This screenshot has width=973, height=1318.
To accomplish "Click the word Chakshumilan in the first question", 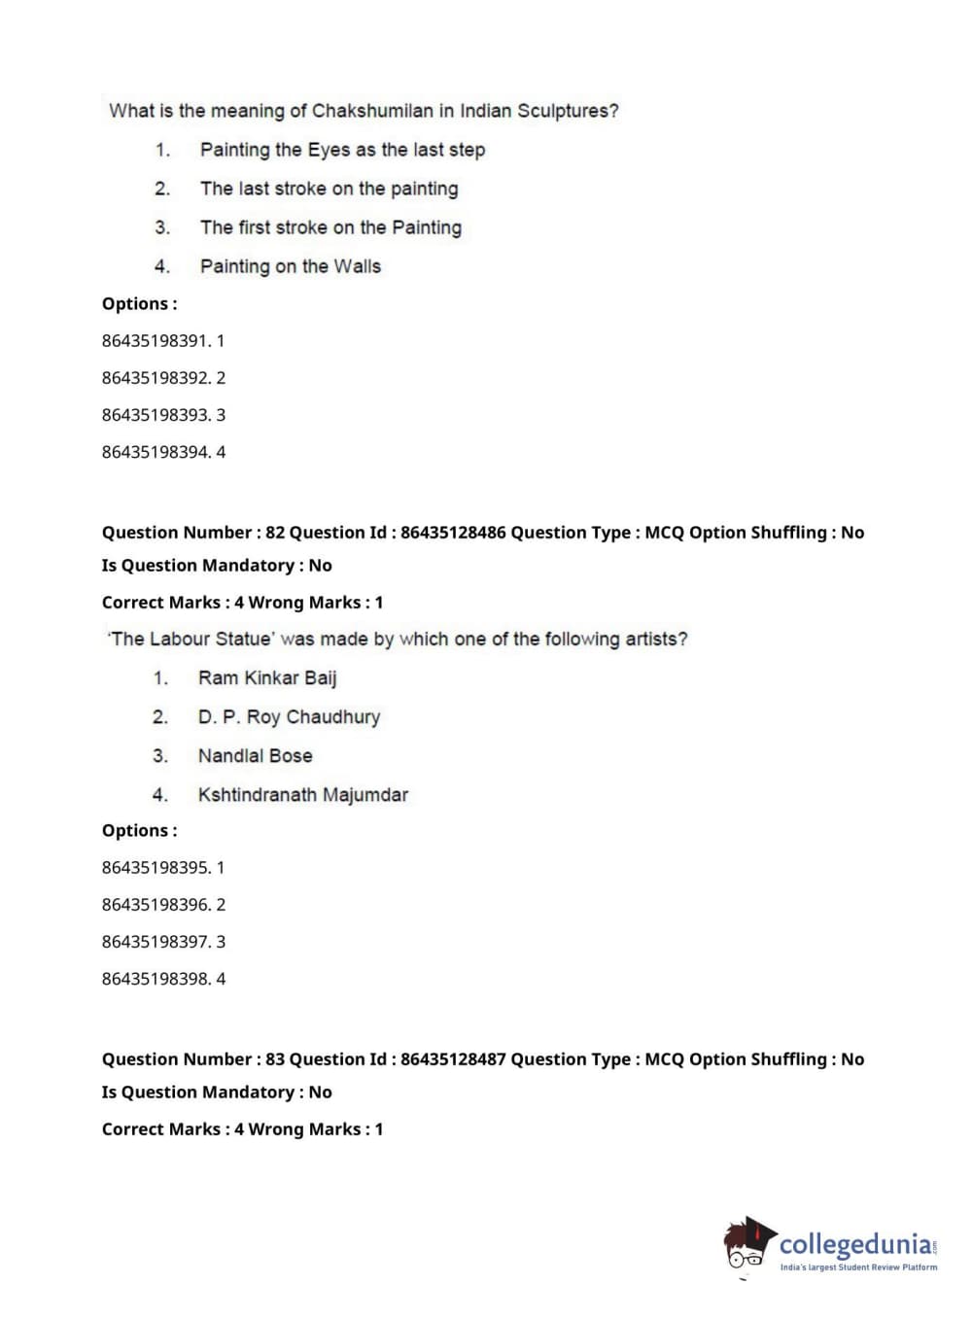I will pos(371,111).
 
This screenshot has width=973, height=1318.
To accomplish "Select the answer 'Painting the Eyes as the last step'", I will pos(342,150).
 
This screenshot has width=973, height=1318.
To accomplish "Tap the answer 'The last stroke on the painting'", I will pos(329,189).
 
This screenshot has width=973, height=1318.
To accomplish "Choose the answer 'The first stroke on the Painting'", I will pos(330,227).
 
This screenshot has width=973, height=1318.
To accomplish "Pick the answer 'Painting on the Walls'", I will pos(290,266).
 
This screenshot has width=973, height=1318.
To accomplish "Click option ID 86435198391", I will pos(156,341).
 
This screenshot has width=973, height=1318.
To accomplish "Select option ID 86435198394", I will pos(156,452).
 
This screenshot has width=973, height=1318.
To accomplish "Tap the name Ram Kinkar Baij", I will pos(267,678).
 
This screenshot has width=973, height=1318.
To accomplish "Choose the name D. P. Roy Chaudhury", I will pos(289,717).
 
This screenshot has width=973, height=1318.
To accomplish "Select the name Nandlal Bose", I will pos(255,756).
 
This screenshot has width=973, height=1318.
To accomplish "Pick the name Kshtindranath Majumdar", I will pos(302,795).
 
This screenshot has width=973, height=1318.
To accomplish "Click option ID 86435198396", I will pos(156,905).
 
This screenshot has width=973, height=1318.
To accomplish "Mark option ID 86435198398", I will pos(156,979).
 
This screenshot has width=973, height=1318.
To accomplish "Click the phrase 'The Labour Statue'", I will pos(191,640).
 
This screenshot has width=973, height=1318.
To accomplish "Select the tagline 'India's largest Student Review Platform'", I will pos(858,1267).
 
